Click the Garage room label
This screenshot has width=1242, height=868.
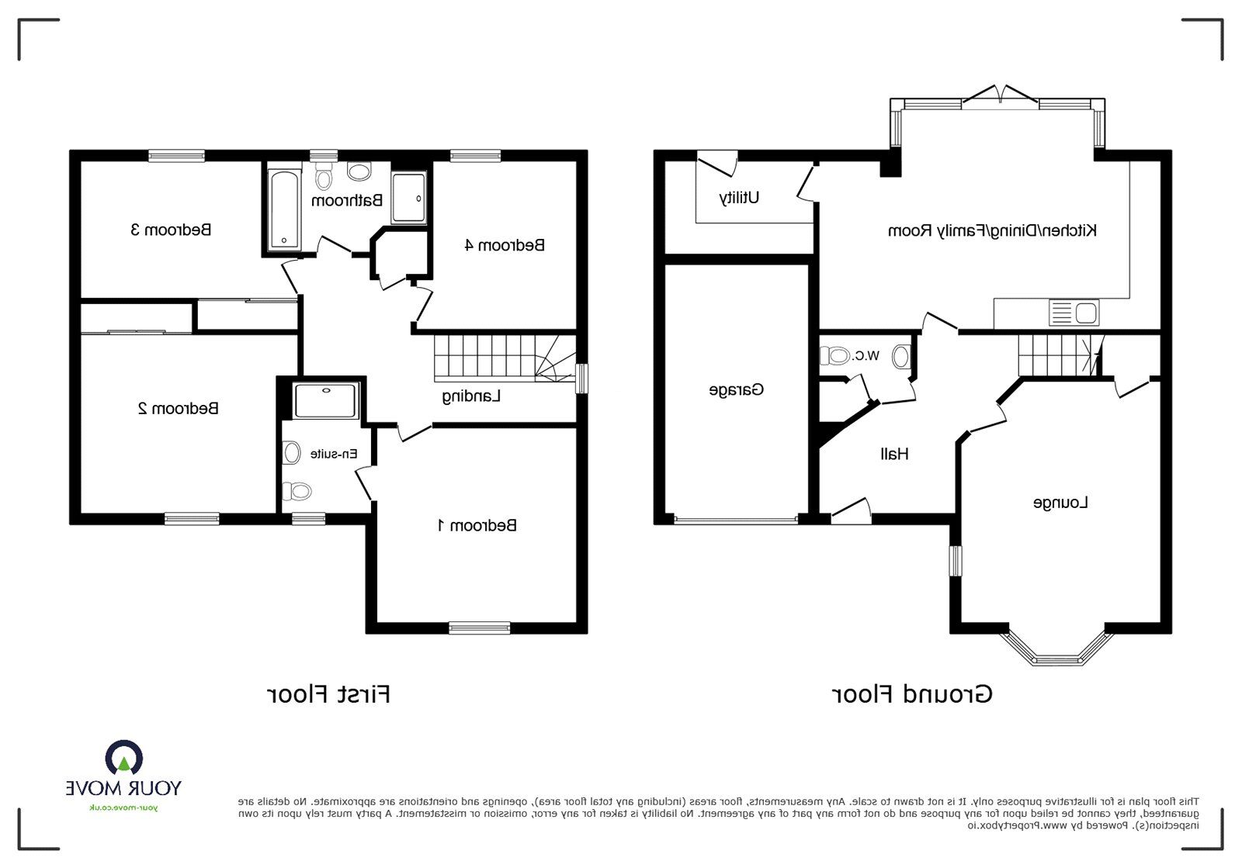click(x=736, y=389)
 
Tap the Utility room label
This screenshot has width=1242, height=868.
click(x=739, y=198)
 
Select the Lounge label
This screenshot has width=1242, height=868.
click(x=1060, y=503)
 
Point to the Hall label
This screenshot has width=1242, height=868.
click(x=894, y=454)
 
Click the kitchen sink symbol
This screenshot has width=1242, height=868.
click(x=1074, y=313)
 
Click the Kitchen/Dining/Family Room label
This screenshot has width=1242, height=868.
click(x=992, y=230)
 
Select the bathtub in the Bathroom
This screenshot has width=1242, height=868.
click(x=283, y=210)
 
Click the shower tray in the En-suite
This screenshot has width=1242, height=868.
click(x=326, y=401)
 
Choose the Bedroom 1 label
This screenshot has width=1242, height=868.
click(x=477, y=526)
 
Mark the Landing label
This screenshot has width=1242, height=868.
click(x=471, y=396)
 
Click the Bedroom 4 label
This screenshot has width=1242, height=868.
click(x=505, y=246)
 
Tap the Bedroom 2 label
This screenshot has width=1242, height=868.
click(x=178, y=408)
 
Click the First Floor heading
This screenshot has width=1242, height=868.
click(x=328, y=694)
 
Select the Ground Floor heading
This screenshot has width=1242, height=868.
click(x=912, y=694)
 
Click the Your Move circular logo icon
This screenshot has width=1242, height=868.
click(x=124, y=759)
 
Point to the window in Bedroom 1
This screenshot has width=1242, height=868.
click(x=480, y=628)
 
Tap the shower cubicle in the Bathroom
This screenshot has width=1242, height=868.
click(x=408, y=199)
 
